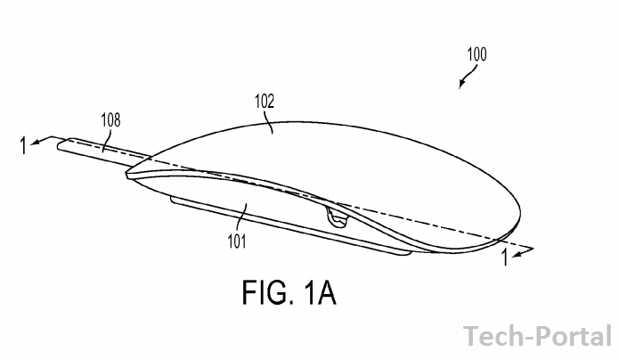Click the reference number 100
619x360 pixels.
[476, 54]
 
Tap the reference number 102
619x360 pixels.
[265, 102]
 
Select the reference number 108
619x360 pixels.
[110, 120]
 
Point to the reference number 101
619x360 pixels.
[237, 241]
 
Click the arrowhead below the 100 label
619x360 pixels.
[461, 84]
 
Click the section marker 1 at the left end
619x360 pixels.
[24, 145]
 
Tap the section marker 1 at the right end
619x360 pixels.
[504, 258]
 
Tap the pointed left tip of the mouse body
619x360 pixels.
[127, 175]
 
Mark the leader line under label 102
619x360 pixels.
[270, 121]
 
